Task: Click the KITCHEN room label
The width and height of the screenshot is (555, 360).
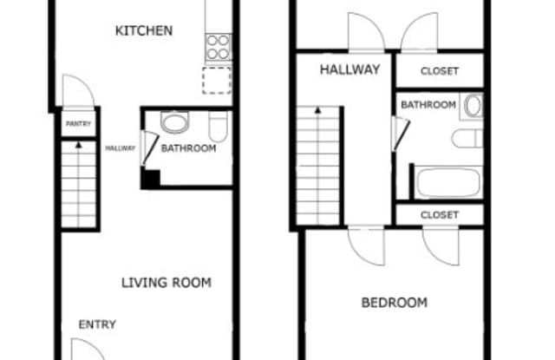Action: (144, 31)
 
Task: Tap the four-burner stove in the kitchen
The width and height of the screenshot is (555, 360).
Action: (218, 47)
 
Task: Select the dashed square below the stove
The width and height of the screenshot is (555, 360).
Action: (217, 81)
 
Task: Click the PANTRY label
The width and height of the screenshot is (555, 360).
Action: (78, 123)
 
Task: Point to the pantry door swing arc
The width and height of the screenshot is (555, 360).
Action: (85, 81)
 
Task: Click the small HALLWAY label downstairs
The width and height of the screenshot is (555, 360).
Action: (121, 148)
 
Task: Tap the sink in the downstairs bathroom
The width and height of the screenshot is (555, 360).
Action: (174, 122)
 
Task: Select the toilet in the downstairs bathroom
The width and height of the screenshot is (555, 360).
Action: (218, 127)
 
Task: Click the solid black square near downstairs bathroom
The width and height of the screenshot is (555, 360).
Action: (150, 179)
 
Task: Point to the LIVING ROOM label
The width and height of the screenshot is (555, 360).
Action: (166, 283)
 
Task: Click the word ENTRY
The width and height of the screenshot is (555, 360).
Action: (97, 324)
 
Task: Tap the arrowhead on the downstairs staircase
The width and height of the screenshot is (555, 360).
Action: (79, 145)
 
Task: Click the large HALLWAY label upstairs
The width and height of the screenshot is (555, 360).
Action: (350, 69)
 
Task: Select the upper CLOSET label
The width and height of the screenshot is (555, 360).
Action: (440, 71)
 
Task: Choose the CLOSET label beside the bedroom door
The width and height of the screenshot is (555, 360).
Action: (440, 215)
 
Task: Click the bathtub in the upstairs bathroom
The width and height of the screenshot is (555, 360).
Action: (448, 183)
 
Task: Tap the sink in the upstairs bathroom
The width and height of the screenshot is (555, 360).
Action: (473, 106)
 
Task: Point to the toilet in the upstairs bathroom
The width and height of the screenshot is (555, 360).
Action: (467, 139)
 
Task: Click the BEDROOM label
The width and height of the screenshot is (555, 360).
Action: (395, 303)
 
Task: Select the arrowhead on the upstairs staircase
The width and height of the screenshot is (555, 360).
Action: (318, 110)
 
